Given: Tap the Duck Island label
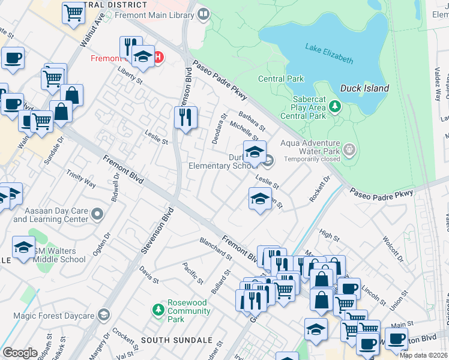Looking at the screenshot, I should (364, 88).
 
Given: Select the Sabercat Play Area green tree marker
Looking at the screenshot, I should (335, 107).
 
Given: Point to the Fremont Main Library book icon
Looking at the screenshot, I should (203, 13).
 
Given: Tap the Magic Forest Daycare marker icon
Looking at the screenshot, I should (104, 316).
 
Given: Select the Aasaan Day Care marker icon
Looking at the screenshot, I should (97, 214).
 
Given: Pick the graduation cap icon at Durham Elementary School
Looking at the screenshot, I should (255, 151).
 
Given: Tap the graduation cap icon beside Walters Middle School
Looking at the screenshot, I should (23, 247).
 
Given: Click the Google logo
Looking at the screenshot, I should (20, 353).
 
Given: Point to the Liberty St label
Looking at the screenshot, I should (130, 77).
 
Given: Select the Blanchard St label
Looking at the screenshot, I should (215, 248).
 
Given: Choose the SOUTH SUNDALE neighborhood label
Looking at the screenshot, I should (169, 340).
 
